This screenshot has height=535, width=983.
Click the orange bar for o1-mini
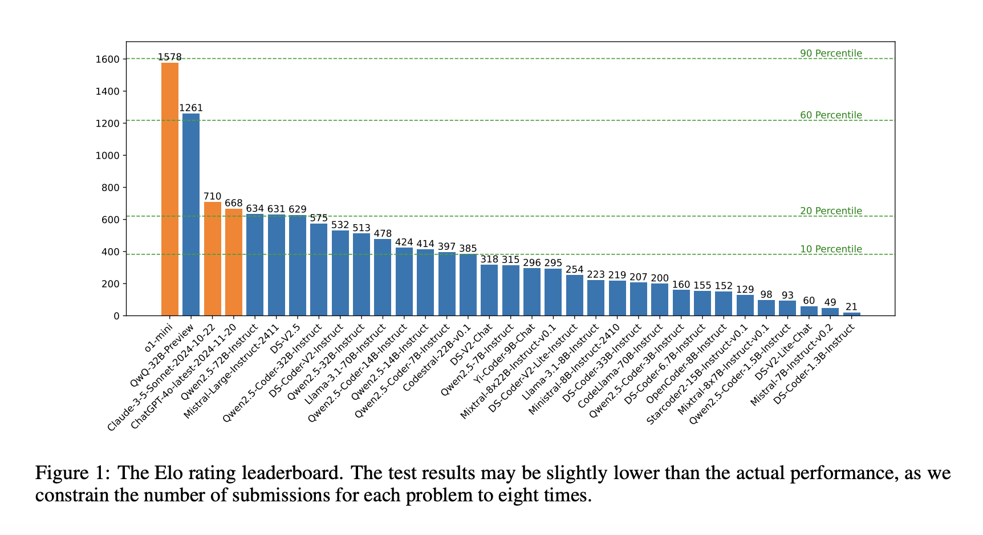click(x=170, y=189)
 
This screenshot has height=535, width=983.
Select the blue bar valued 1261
click(x=191, y=214)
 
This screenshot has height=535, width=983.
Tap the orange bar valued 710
click(x=212, y=258)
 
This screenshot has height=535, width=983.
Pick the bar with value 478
click(x=383, y=277)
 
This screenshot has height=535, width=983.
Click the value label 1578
click(x=170, y=57)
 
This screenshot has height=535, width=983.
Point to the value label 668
click(x=234, y=203)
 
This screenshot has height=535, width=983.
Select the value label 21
click(x=852, y=307)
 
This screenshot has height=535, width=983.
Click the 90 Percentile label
click(x=831, y=54)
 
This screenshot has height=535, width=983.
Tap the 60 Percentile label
click(x=831, y=115)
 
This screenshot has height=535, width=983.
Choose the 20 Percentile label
click(x=831, y=211)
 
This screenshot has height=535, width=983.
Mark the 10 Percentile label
click(x=831, y=249)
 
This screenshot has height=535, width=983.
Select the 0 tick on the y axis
click(x=117, y=316)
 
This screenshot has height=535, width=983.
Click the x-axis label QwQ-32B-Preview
click(x=163, y=351)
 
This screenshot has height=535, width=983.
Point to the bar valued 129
click(x=745, y=305)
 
